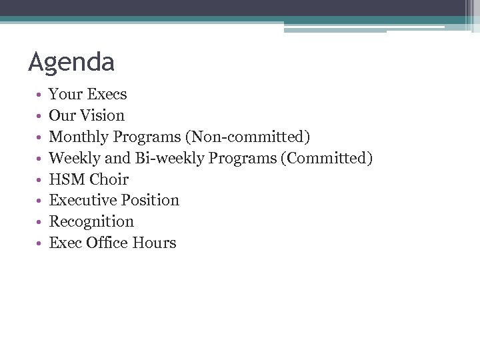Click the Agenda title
click(71, 62)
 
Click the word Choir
click(109, 179)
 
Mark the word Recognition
click(91, 221)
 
